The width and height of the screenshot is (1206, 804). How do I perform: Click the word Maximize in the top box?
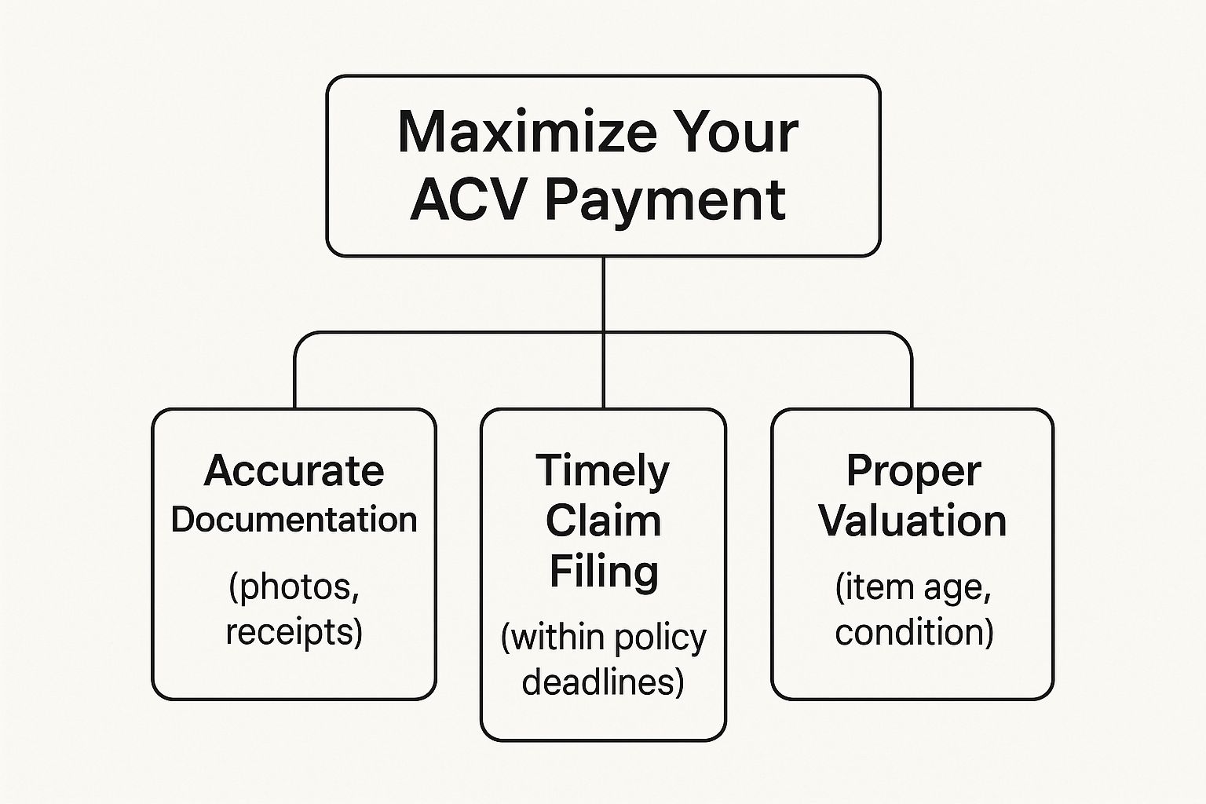[527, 133]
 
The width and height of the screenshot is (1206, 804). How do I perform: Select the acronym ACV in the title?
[469, 200]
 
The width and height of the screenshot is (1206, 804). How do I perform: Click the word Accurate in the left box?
[294, 470]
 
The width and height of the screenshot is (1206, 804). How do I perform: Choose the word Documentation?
[294, 520]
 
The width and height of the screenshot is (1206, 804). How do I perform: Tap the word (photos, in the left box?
[294, 587]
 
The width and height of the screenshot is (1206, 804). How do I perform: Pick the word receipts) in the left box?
[294, 631]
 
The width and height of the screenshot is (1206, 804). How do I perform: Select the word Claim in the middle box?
[603, 521]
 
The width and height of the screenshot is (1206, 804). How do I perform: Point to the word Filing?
[604, 572]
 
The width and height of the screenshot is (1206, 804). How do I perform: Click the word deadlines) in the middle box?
[603, 682]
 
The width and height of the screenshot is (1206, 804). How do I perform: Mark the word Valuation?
[913, 521]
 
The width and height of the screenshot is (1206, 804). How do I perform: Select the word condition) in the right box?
[914, 632]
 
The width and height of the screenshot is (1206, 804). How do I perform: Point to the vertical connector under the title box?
[604, 331]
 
